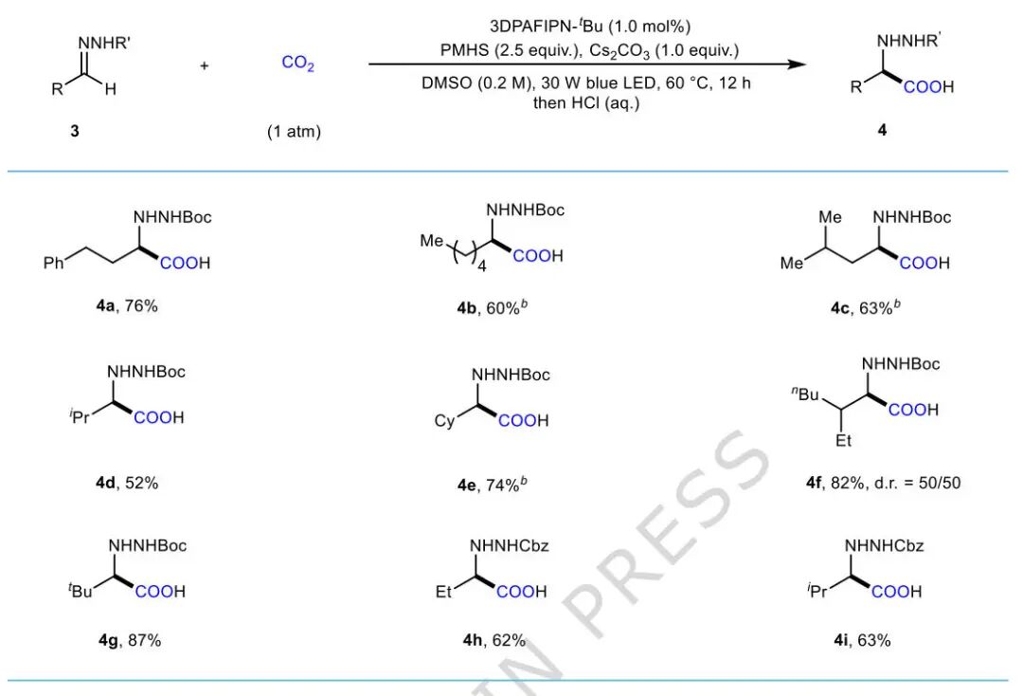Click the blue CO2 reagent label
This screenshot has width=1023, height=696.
click(298, 64)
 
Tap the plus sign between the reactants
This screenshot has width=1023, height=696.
click(205, 65)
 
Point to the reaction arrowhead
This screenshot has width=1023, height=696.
click(797, 64)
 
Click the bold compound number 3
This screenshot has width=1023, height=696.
click(75, 131)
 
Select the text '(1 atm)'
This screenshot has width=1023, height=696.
click(295, 132)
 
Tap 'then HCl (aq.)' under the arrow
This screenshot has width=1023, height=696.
click(586, 103)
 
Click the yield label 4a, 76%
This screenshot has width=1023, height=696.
click(127, 305)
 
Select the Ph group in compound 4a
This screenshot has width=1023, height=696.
click(53, 263)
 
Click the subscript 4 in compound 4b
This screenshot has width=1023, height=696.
click(482, 266)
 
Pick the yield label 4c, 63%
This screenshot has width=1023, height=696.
click(865, 307)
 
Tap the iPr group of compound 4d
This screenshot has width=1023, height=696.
click(80, 416)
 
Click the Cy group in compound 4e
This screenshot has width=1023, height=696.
click(444, 421)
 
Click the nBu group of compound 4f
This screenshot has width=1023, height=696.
click(805, 394)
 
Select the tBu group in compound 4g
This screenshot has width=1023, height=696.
click(81, 591)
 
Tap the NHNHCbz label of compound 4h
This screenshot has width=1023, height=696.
click(509, 546)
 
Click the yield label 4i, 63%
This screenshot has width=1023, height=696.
click(862, 640)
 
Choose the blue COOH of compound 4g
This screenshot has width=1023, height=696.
click(160, 592)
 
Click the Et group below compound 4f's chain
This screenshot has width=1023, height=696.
click(844, 441)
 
